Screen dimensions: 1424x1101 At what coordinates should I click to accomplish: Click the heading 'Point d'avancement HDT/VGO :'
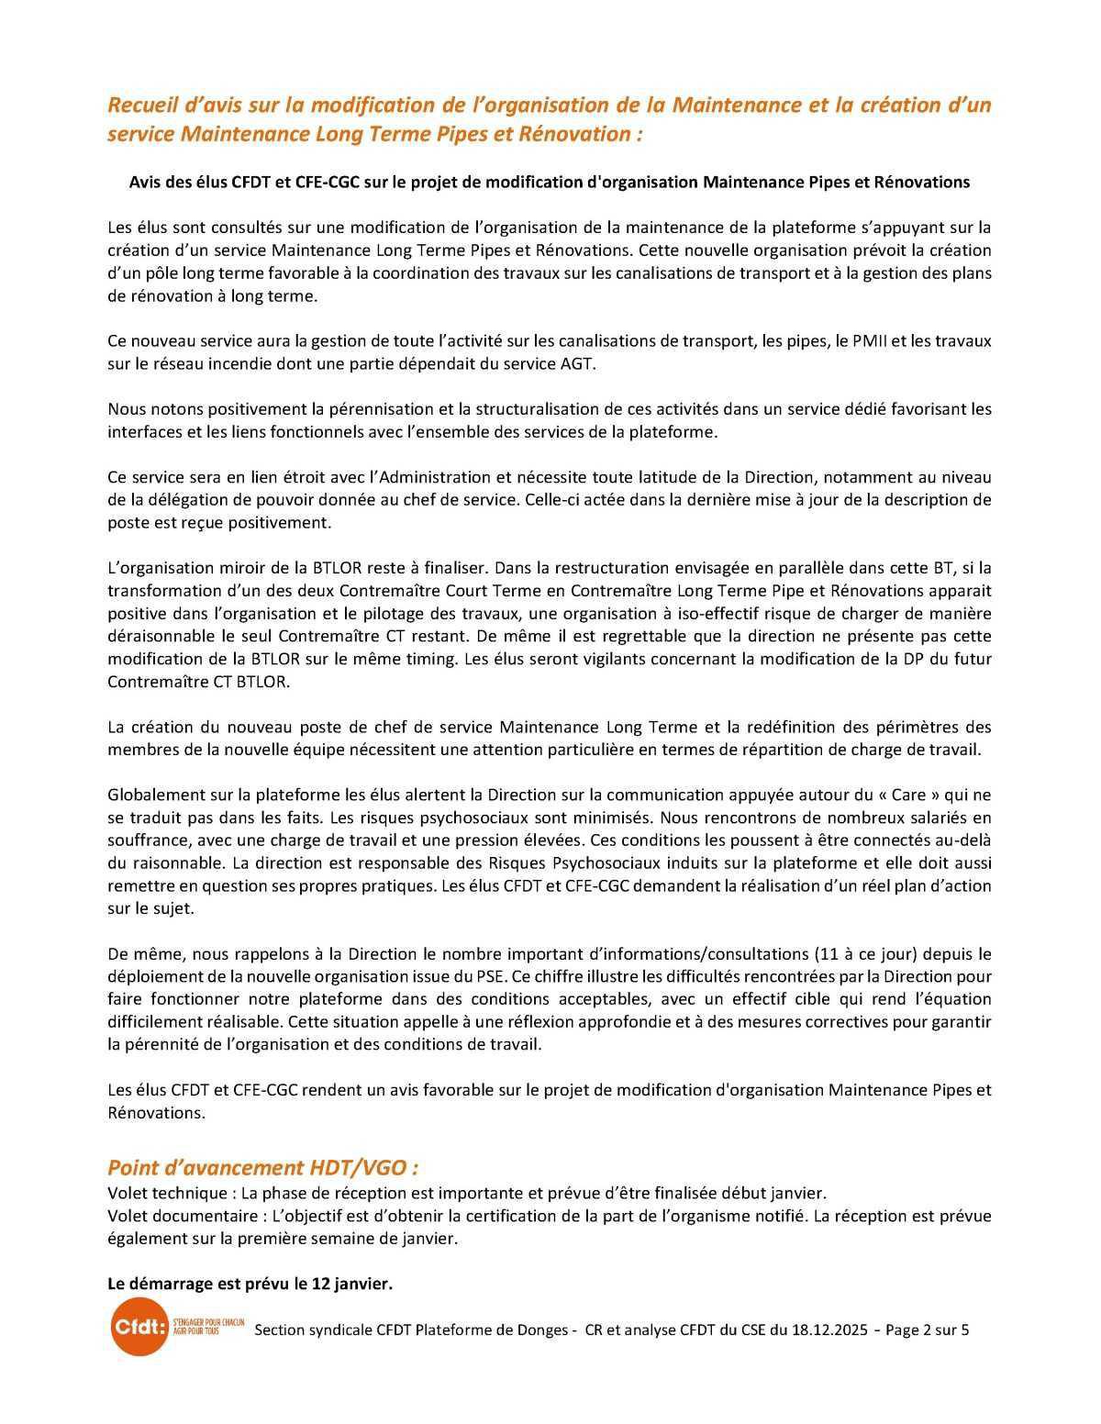click(x=263, y=1167)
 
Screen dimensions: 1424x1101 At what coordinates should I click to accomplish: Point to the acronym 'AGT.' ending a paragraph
click(x=578, y=363)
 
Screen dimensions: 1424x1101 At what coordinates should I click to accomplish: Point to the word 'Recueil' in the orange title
click(x=139, y=105)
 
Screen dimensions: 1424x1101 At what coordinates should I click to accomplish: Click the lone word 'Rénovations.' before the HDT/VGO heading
click(x=156, y=1112)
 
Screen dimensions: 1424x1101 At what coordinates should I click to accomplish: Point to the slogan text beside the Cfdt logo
click(x=208, y=1326)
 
